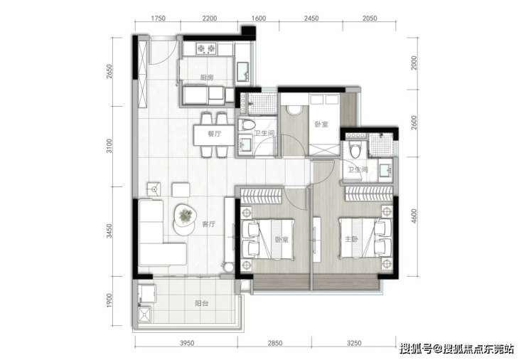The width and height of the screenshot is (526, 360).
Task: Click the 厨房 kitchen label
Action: pos(207,78)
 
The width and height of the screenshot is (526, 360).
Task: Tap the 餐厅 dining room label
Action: pos(215,134)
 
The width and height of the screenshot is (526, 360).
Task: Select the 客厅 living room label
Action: pos(209,224)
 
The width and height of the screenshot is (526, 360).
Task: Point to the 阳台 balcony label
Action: pos(202,303)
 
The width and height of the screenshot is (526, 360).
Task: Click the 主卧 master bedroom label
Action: pos(352,239)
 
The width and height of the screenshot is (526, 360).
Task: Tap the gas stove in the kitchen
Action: pos(206,49)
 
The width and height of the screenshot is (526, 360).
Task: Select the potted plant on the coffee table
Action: pos(186,216)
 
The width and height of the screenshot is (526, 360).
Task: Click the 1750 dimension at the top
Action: pos(158,18)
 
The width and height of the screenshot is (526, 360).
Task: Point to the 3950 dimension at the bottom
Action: pos(186,343)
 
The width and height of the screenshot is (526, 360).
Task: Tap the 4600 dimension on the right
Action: pos(414,216)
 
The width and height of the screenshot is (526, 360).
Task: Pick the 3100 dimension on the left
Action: pos(109,146)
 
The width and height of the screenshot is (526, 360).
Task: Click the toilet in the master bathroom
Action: pos(354,149)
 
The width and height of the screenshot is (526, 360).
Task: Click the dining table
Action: pos(214,135)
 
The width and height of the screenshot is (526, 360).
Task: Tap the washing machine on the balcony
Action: pos(147,294)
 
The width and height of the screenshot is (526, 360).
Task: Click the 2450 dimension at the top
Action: pos(311,18)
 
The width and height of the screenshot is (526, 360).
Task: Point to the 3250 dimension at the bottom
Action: pos(354,343)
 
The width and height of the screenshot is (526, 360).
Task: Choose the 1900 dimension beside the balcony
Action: pos(109,300)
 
